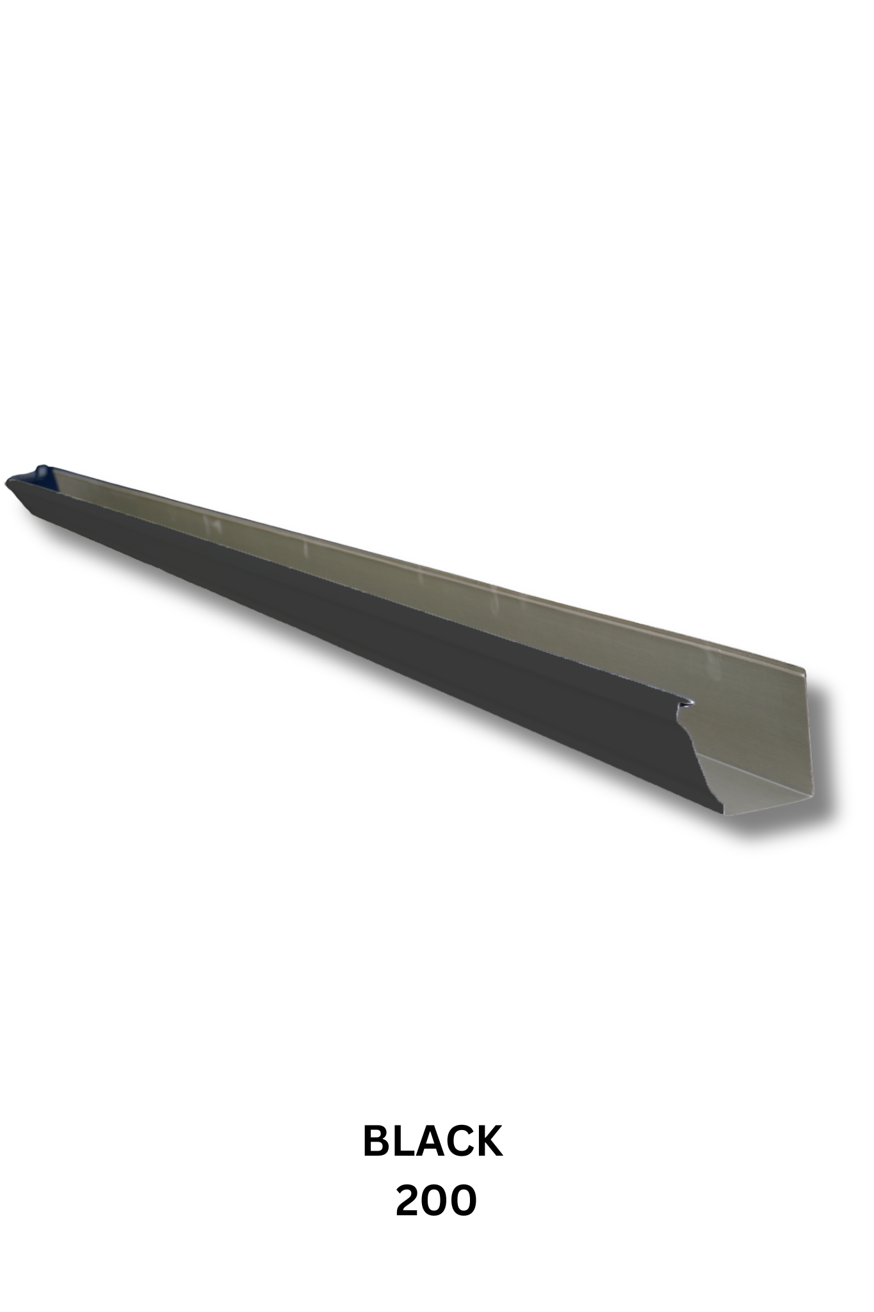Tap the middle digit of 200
coord(436,1201)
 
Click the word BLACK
coord(433,1142)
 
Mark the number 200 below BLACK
coord(436,1201)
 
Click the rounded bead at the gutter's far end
coord(42,469)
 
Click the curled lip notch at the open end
coord(689,703)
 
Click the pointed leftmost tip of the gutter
coord(6,480)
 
